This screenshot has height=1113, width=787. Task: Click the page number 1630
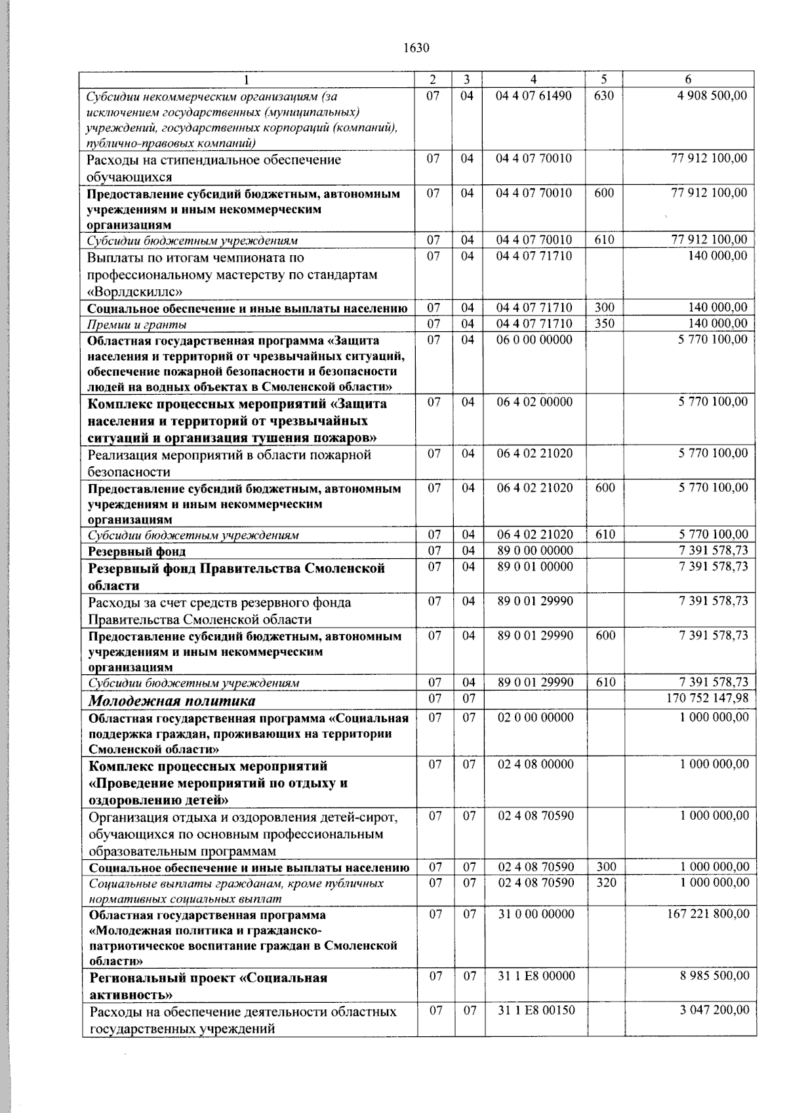416,47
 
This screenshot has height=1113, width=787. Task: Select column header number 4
534,79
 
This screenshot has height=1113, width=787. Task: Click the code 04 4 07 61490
534,96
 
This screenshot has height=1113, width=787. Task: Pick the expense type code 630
604,96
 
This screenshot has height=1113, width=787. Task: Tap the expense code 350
604,323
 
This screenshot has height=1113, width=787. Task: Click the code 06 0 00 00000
535,340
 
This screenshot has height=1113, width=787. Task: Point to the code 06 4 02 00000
535,402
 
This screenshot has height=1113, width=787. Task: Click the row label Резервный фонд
137,552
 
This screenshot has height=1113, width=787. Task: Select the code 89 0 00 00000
535,550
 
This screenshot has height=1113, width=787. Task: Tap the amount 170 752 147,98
706,698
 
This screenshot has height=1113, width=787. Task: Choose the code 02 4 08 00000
535,764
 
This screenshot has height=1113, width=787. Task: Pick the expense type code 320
606,883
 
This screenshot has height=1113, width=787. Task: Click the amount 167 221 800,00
706,914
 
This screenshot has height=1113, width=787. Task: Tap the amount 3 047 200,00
714,1010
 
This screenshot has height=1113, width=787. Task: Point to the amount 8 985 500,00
714,976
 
